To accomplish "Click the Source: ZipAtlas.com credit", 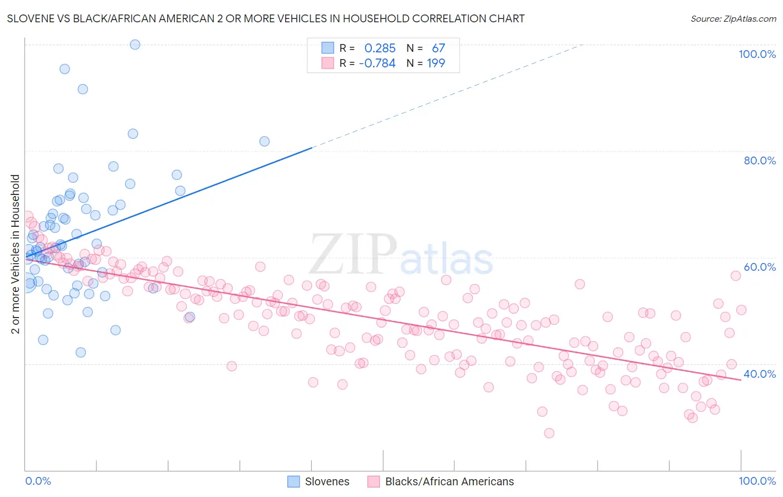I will coord(733,19).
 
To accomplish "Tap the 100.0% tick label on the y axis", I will coord(757,54).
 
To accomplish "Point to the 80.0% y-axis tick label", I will coord(759,160).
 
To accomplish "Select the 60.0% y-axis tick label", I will coord(759,267).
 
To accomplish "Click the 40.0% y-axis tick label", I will coord(759,374).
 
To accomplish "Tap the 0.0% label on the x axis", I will coord(38,481).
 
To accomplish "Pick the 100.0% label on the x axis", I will coord(757,481).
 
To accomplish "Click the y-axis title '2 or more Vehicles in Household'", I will coord(16,254).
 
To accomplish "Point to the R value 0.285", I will coord(380,48).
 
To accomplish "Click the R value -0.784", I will coord(377,64).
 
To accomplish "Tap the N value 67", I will coord(438,48).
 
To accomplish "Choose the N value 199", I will coord(435,64).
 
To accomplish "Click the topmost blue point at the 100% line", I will coord(135,45).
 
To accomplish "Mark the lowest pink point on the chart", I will coord(549,433).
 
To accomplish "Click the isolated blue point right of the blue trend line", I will coord(265,142).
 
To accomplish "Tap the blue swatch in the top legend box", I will coord(327,48).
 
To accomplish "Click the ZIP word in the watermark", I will coord(353,254).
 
